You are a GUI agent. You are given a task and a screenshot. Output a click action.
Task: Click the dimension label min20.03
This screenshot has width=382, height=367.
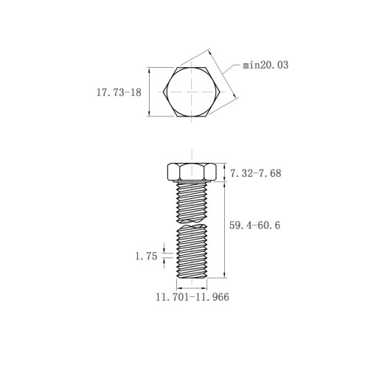pyautogui.click(x=265, y=65)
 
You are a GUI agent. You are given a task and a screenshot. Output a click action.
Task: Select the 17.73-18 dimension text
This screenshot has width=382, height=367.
pyautogui.click(x=119, y=93)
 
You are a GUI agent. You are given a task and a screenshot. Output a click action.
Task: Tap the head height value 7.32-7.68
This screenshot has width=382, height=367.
pyautogui.click(x=255, y=173)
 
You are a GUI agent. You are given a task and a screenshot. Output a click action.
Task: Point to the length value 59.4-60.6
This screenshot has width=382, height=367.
pyautogui.click(x=254, y=226)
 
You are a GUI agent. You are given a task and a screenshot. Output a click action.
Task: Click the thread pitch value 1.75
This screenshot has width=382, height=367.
pyautogui.click(x=146, y=256)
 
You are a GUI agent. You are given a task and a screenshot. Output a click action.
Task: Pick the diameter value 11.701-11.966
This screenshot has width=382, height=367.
pyautogui.click(x=192, y=297)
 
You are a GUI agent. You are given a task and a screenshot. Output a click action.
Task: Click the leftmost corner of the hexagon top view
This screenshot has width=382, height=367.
pyautogui.click(x=163, y=92)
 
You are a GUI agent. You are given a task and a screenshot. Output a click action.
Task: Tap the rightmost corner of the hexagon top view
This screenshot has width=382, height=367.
pyautogui.click(x=220, y=92)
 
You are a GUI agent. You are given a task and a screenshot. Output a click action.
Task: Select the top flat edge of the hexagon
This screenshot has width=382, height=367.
pyautogui.click(x=192, y=67)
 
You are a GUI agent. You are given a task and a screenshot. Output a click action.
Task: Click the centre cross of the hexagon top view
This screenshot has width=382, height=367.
pyautogui.click(x=192, y=92)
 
